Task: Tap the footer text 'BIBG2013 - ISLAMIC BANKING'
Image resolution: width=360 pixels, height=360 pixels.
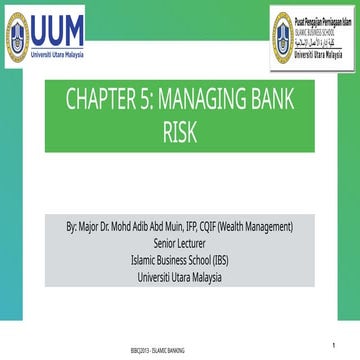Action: pos(180,354)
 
